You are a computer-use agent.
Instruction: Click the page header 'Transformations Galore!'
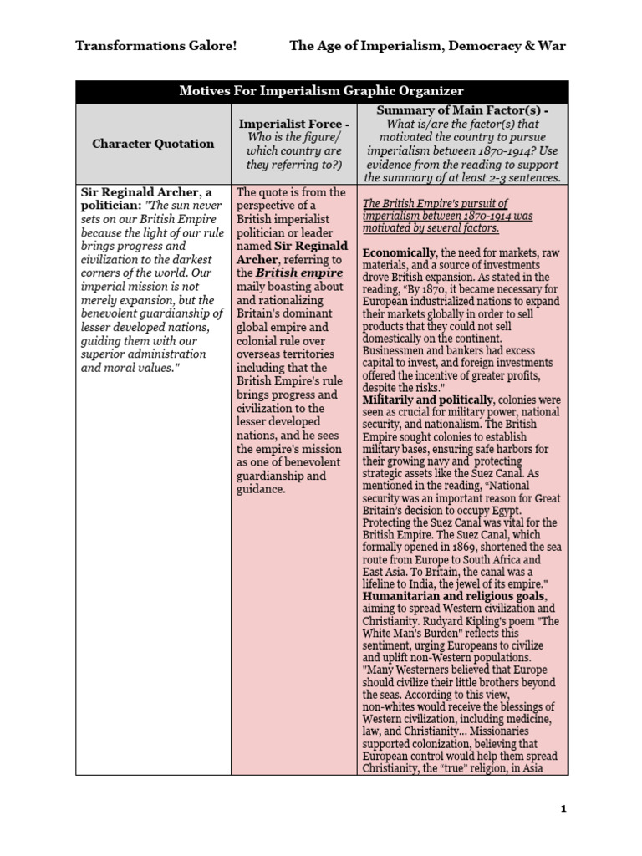coord(156,46)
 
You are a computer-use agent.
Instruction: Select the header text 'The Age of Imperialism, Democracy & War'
coord(427,46)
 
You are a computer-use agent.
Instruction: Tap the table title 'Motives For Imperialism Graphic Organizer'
coord(322,91)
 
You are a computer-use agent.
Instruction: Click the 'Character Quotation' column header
coord(153,143)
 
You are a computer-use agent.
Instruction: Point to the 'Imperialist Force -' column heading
coord(293,124)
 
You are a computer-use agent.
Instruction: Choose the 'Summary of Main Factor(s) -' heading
coord(462,110)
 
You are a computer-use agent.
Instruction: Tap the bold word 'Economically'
coord(400,252)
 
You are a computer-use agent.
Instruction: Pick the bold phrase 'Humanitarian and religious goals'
coord(455,597)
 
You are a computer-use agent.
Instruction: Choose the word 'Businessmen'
coord(395,351)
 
